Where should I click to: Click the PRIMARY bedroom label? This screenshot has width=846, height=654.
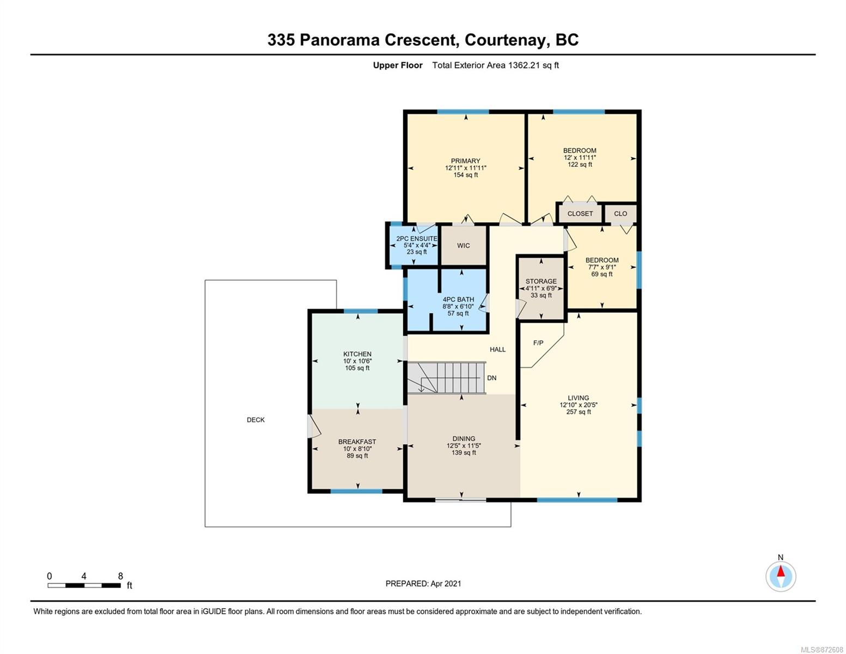point(465,161)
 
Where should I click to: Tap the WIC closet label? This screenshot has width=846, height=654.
point(463,245)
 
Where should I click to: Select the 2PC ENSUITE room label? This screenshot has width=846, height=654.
point(417,238)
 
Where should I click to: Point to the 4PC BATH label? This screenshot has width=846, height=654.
point(458,299)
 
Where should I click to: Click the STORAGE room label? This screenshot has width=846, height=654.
point(541,281)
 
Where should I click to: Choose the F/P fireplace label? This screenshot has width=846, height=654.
point(538,343)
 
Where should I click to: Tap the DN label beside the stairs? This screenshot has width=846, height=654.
point(492,378)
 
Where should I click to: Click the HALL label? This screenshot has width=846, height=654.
point(497,349)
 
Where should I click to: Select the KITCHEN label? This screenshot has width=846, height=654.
point(357,354)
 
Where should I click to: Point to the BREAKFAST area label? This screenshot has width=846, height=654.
point(357,441)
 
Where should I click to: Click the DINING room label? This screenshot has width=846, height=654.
point(464,439)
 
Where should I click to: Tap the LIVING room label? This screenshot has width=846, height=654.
point(578,398)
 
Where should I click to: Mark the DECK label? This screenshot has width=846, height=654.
point(256,420)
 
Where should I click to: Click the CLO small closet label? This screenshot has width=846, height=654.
point(620,214)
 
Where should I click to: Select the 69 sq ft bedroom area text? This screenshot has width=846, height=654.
point(602,274)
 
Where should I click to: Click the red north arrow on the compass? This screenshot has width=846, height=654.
point(781,571)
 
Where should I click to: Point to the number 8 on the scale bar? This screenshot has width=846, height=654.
point(121,576)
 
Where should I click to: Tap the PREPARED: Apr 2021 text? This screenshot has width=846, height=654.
point(423,584)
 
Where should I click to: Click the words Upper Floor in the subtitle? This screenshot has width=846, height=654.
point(398,65)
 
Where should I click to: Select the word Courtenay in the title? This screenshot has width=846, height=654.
point(505,40)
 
